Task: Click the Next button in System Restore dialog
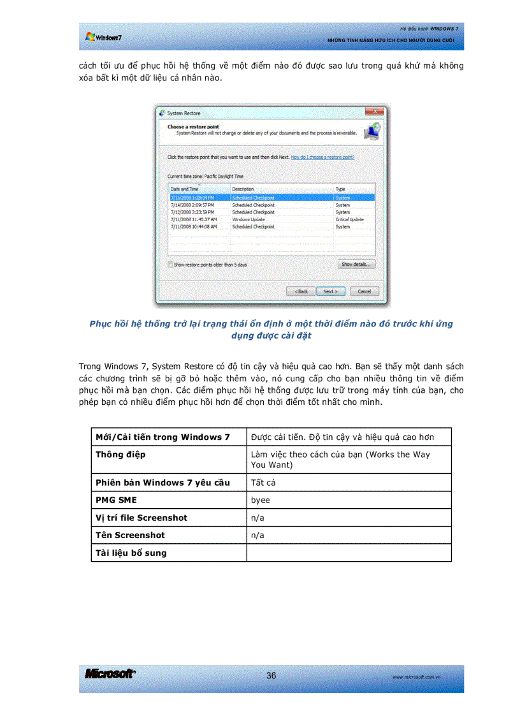pyautogui.click(x=330, y=291)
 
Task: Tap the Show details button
pyautogui.click(x=356, y=264)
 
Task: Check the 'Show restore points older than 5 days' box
pyautogui.click(x=170, y=264)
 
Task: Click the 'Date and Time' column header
pyautogui.click(x=185, y=189)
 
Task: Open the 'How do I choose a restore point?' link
pyautogui.click(x=322, y=157)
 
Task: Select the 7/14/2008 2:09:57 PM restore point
pyautogui.click(x=193, y=205)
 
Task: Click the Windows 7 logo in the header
pyautogui.click(x=104, y=37)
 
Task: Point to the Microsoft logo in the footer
pyautogui.click(x=110, y=675)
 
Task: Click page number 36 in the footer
pyautogui.click(x=271, y=676)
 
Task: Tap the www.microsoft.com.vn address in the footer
pyautogui.click(x=418, y=677)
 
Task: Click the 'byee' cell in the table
pyautogui.click(x=261, y=500)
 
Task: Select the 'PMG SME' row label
pyautogui.click(x=116, y=500)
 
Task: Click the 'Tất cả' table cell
pyautogui.click(x=263, y=483)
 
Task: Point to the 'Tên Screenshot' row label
pyautogui.click(x=130, y=536)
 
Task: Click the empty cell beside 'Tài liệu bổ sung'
pyautogui.click(x=349, y=553)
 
